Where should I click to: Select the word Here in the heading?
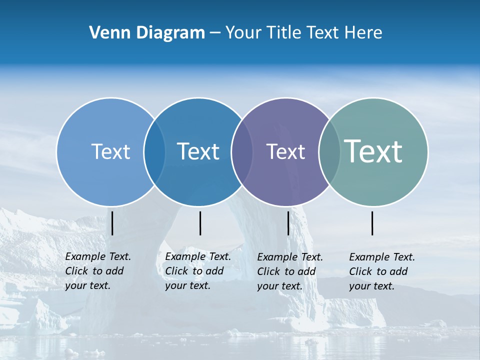coord(363,33)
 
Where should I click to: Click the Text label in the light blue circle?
coord(110,151)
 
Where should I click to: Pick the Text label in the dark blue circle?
coord(198,151)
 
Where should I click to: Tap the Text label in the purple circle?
coord(285,151)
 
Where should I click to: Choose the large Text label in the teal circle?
coord(373,151)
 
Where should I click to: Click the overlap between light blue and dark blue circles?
coord(154,151)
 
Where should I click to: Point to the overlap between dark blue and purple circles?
coord(242,151)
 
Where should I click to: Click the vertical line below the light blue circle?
coord(112,223)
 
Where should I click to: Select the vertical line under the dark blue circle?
coord(200,223)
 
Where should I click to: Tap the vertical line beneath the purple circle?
coord(288,223)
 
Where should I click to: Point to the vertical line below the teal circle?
coord(372,223)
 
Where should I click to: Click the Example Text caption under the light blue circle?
coord(98,271)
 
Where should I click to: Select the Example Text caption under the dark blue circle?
coord(198,271)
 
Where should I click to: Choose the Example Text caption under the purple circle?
coord(290,271)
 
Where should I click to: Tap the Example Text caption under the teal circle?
coord(382,271)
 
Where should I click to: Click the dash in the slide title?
coord(215,33)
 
